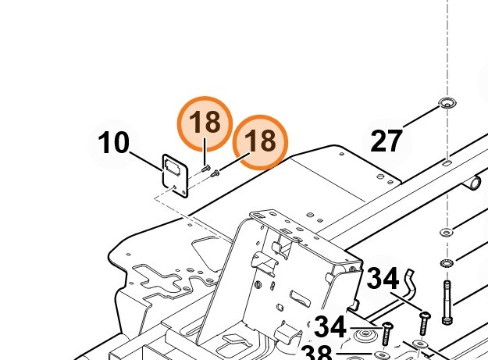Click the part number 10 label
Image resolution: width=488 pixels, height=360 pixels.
113,142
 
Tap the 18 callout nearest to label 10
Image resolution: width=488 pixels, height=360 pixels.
205,124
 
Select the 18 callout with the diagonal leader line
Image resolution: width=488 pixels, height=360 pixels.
261,142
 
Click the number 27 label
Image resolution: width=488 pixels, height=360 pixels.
386,141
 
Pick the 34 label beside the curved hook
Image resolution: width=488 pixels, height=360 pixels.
383,279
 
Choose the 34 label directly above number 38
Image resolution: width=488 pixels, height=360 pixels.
330,326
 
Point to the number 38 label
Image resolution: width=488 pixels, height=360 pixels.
317,353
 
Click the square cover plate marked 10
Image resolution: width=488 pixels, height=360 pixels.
175,176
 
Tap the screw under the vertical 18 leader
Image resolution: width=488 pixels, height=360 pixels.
205,169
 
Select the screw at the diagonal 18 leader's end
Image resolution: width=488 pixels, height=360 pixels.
215,173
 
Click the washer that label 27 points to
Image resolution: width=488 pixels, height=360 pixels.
447,102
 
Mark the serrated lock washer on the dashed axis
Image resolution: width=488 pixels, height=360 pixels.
447,263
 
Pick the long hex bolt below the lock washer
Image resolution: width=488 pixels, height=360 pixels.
447,302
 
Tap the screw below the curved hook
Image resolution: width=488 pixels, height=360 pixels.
425,323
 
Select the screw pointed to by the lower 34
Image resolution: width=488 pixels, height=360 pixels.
387,333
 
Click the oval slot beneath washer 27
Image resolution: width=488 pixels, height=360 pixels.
447,162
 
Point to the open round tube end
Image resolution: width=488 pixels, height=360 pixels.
474,184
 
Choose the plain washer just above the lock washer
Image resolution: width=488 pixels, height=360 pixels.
447,232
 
